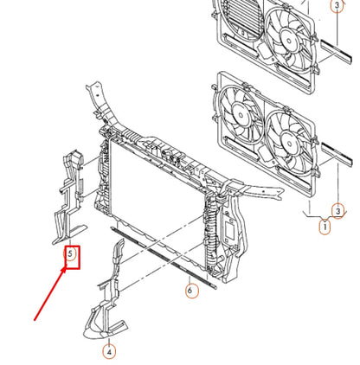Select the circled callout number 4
[x=109, y=351]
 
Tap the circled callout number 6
[x=190, y=291]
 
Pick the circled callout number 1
[x=325, y=228]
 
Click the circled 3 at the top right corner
[x=336, y=7]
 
